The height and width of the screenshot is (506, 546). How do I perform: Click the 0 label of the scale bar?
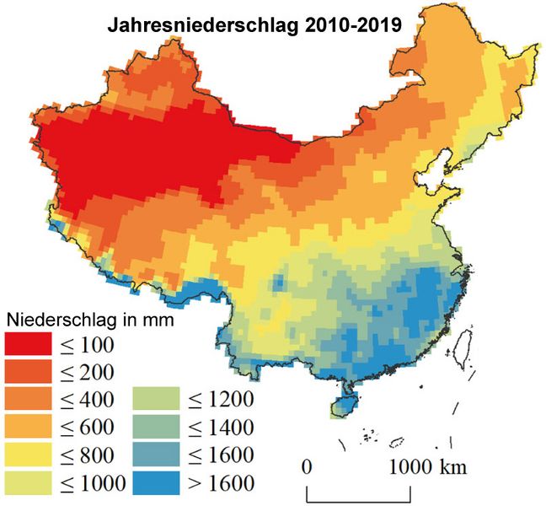(308, 466)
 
